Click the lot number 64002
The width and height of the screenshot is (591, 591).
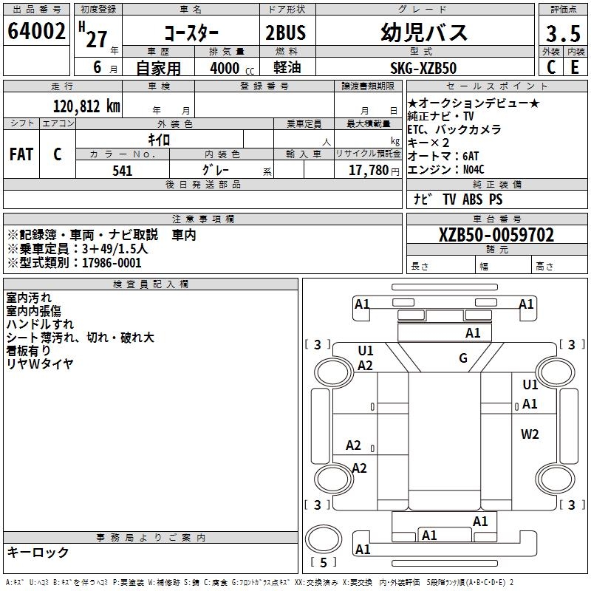pos(36,31)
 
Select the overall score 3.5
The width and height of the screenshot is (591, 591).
pos(563,33)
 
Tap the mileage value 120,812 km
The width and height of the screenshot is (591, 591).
pos(86,106)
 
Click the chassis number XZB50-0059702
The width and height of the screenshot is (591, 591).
pos(496,235)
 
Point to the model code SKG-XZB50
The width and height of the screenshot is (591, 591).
pos(423,68)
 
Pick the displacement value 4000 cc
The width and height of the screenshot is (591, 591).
pos(232,68)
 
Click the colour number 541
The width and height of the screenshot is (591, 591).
pos(123,171)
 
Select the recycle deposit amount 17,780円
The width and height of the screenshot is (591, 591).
pos(374,171)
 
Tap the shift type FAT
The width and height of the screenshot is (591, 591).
pos(21,154)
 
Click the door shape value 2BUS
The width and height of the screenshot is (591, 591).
pos(286,33)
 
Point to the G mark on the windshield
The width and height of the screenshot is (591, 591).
pos(463,358)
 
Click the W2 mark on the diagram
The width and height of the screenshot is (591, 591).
pos(530,434)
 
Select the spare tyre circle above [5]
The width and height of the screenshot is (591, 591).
pos(324,539)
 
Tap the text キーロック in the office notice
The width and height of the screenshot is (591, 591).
pos(38,552)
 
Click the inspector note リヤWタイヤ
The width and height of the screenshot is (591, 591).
pos(40,363)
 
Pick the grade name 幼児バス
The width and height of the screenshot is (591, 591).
pos(424,33)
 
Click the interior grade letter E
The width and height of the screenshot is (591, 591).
pos(575,67)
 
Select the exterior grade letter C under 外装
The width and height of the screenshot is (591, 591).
pos(551,67)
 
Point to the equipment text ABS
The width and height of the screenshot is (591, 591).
pos(472,199)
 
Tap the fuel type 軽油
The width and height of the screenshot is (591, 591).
pos(287,67)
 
